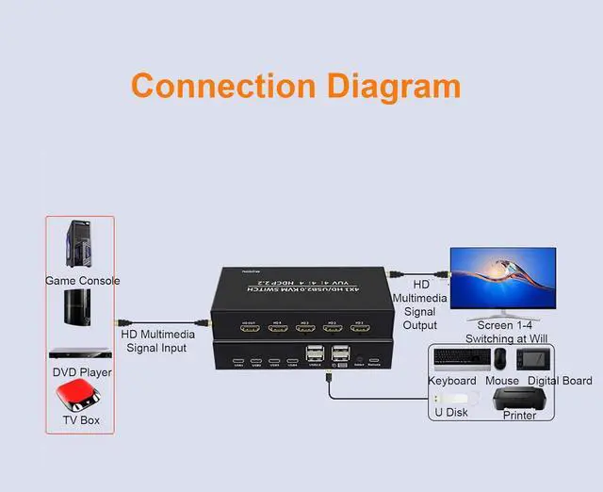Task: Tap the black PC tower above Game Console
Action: pyautogui.click(x=80, y=245)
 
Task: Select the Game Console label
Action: pyautogui.click(x=82, y=280)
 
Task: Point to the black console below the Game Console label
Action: pyautogui.click(x=78, y=307)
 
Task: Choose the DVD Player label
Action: pyautogui.click(x=82, y=372)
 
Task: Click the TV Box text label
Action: pyautogui.click(x=81, y=420)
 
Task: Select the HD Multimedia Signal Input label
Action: pyautogui.click(x=157, y=341)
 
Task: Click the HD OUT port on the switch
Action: pyautogui.click(x=249, y=331)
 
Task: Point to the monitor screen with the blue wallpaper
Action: pyautogui.click(x=502, y=278)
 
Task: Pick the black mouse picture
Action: pyautogui.click(x=500, y=359)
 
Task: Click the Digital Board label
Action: pyautogui.click(x=560, y=381)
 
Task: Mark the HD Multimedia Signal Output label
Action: pyautogui.click(x=420, y=304)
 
